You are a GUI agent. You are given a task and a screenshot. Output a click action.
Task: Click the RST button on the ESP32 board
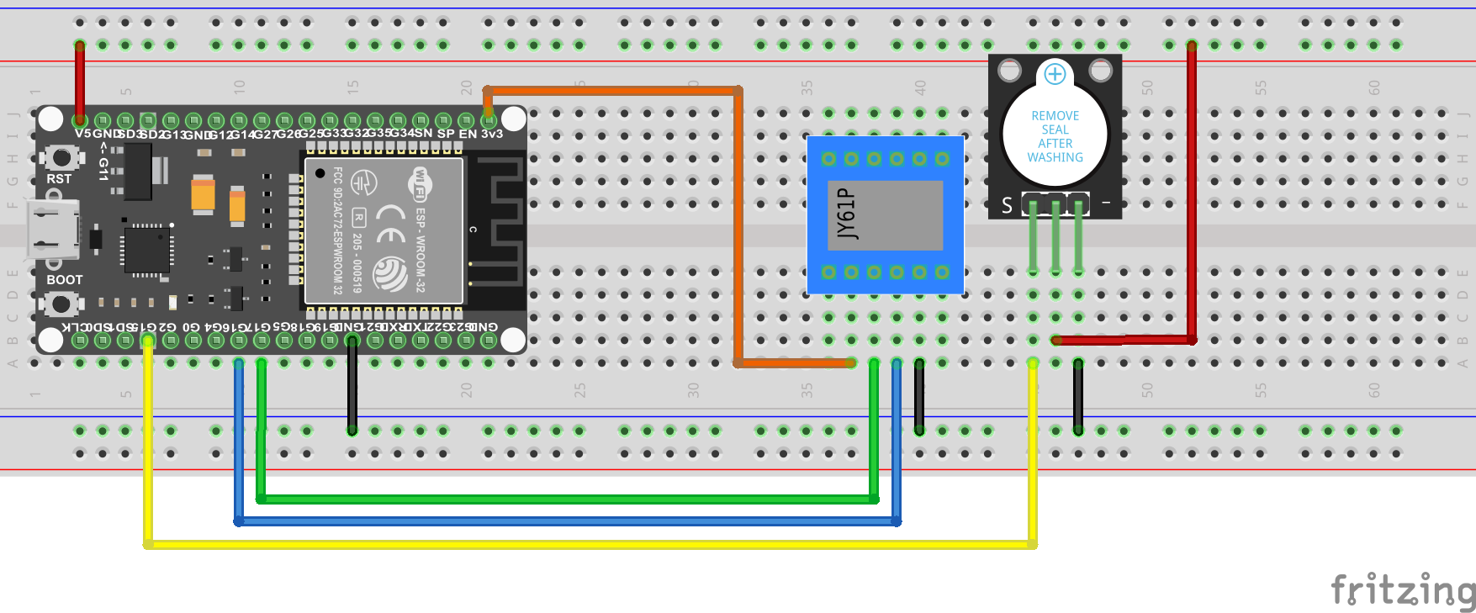tap(61, 157)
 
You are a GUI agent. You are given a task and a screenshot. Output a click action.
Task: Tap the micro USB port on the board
tap(52, 229)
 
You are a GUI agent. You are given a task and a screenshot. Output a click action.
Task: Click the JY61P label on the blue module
tap(847, 214)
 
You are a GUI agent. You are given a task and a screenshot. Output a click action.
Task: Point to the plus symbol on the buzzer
tap(1055, 74)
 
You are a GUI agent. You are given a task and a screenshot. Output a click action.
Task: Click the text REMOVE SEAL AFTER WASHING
tap(1055, 136)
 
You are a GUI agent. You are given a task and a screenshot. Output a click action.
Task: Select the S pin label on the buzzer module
tap(1007, 205)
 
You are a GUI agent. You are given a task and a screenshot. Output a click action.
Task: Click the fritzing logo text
tap(1401, 589)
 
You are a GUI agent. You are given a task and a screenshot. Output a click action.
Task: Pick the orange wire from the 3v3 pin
tap(738, 227)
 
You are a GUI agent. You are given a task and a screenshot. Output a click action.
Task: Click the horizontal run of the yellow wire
tap(589, 545)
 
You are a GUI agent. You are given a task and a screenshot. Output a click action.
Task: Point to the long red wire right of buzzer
tap(1192, 193)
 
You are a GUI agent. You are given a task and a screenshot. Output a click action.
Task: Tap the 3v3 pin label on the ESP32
tap(492, 134)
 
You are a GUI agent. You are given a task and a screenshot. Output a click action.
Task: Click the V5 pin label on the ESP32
tap(82, 134)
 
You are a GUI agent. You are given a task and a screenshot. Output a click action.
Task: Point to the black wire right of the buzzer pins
tap(1078, 395)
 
